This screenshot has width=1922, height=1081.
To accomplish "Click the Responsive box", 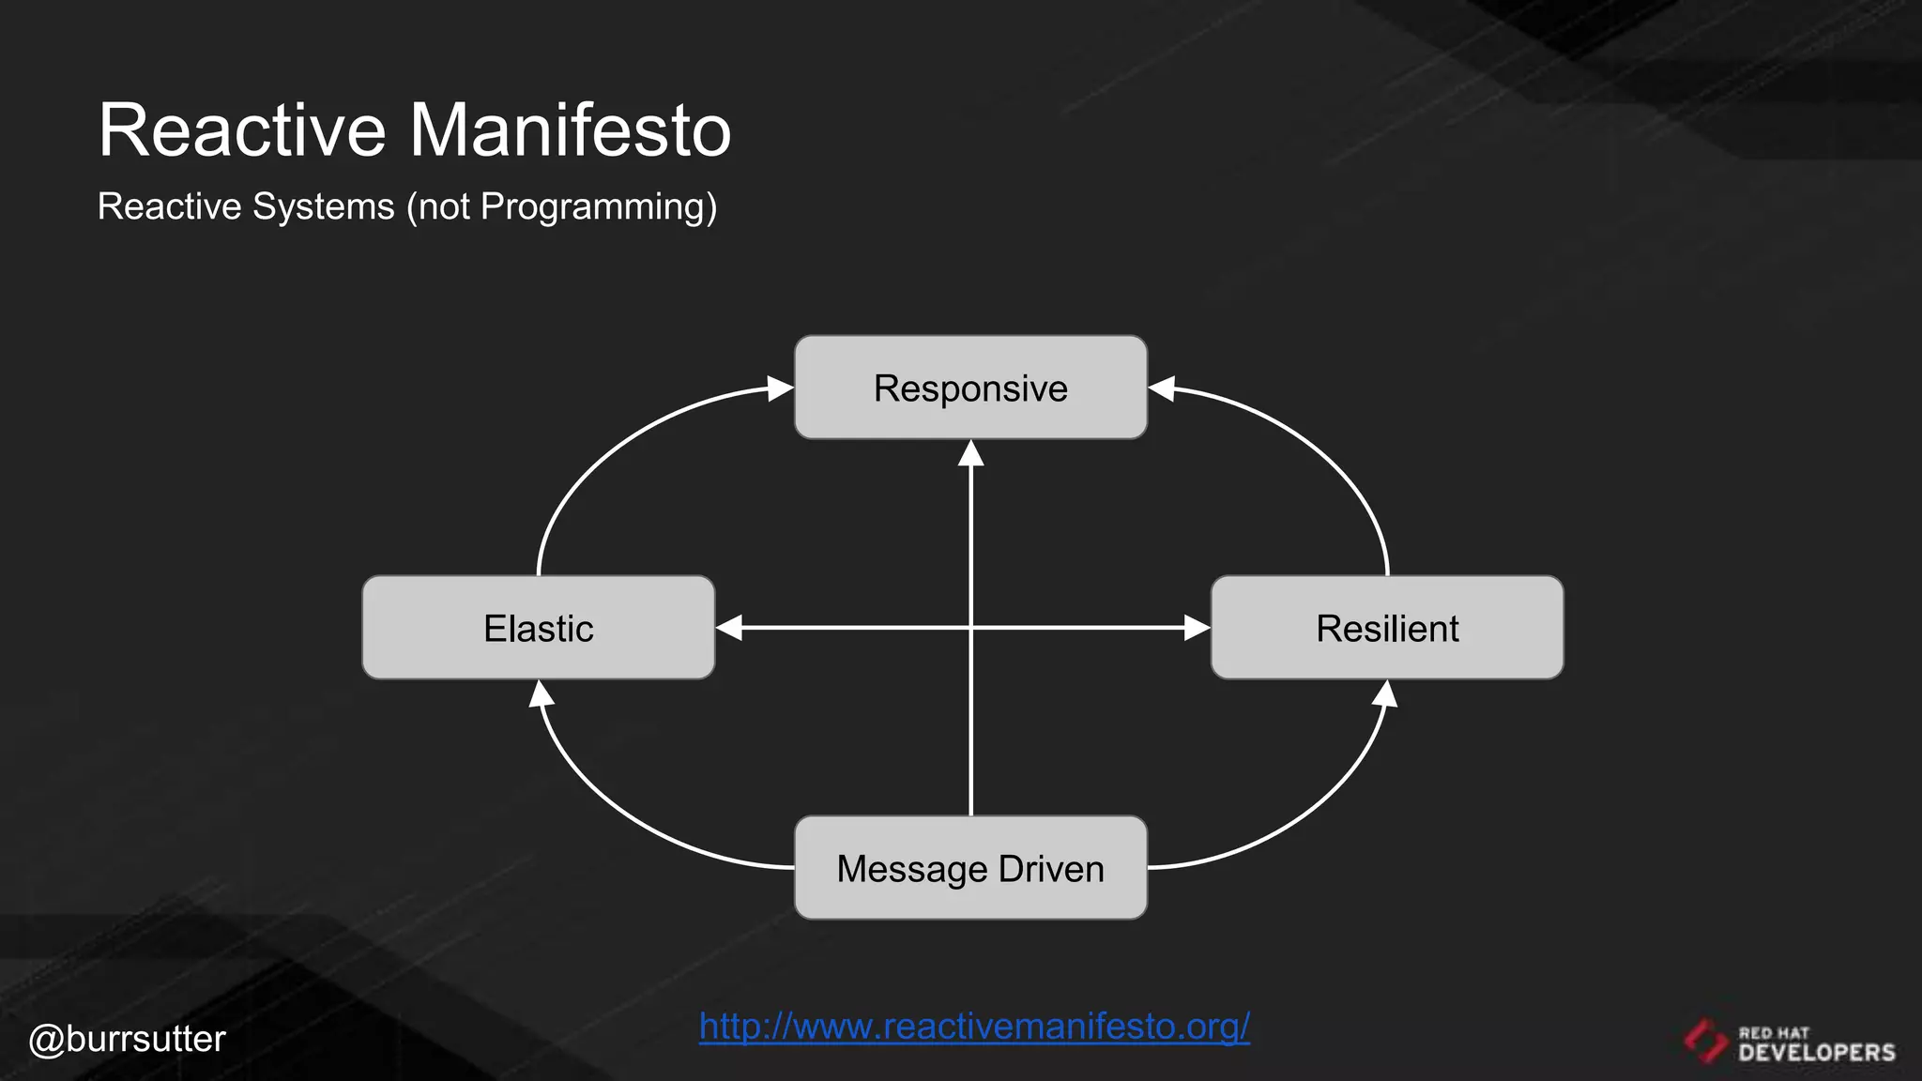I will click(970, 388).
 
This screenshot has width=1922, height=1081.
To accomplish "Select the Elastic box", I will click(538, 628).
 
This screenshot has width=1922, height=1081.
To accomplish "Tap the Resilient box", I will click(1387, 628).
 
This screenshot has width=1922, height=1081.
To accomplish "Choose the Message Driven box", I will click(970, 868).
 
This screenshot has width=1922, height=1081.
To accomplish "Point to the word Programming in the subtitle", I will click(597, 206).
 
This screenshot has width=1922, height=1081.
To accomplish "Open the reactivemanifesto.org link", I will click(974, 1026).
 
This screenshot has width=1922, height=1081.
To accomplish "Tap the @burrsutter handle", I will click(127, 1039).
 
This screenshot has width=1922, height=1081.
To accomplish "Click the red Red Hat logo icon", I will click(1704, 1041).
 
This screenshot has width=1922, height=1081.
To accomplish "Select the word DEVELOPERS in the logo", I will click(1816, 1052).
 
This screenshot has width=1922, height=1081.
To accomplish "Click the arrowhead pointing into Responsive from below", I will click(970, 454).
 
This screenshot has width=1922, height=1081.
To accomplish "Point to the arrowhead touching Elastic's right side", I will click(730, 628).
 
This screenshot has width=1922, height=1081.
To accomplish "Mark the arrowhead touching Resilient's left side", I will click(1197, 628).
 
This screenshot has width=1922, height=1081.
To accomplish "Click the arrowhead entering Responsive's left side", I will click(780, 388).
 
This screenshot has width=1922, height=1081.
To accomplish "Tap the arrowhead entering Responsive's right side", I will click(1163, 388).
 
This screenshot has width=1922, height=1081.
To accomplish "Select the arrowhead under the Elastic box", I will click(542, 694).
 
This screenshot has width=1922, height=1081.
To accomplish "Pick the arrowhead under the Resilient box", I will click(1385, 694).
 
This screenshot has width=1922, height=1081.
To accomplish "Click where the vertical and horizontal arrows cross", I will click(970, 628).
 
